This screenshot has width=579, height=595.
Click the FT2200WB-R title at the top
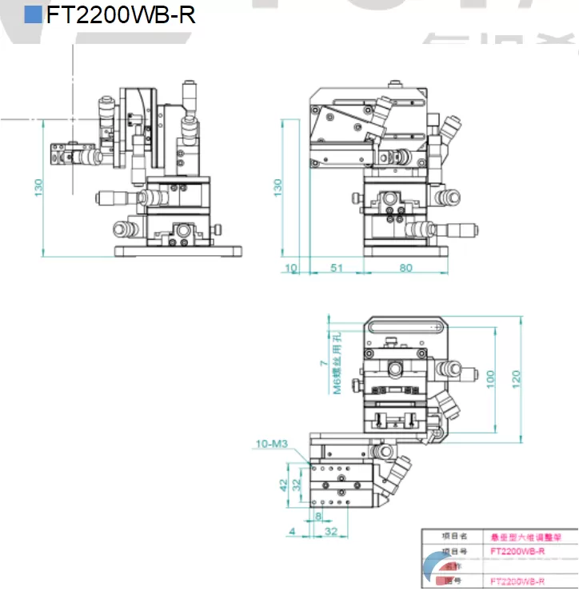pyautogui.click(x=121, y=15)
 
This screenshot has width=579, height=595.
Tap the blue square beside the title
pyautogui.click(x=33, y=14)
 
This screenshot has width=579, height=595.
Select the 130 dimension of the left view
pyautogui.click(x=38, y=187)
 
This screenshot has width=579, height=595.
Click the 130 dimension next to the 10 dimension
pyautogui.click(x=278, y=187)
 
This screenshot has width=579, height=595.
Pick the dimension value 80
pyautogui.click(x=405, y=268)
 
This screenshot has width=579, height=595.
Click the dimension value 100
pyautogui.click(x=490, y=375)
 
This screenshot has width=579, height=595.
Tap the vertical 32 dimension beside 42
pyautogui.click(x=297, y=485)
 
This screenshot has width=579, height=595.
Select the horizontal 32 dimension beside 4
pyautogui.click(x=332, y=530)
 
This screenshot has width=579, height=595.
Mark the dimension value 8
pyautogui.click(x=317, y=517)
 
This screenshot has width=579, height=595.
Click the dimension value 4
pyautogui.click(x=293, y=530)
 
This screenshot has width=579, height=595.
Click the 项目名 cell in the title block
pyautogui.click(x=453, y=537)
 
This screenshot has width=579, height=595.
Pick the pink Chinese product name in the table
pyautogui.click(x=521, y=537)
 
